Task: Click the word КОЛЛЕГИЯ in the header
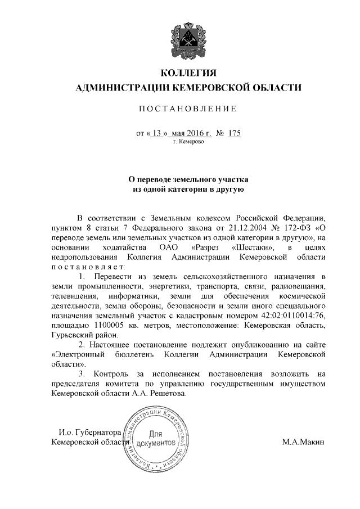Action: pos(188,74)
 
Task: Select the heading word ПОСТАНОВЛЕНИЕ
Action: pos(188,109)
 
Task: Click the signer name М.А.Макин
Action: pos(304,443)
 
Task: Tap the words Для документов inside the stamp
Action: pos(156,439)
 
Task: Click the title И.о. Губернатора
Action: pos(91,433)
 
